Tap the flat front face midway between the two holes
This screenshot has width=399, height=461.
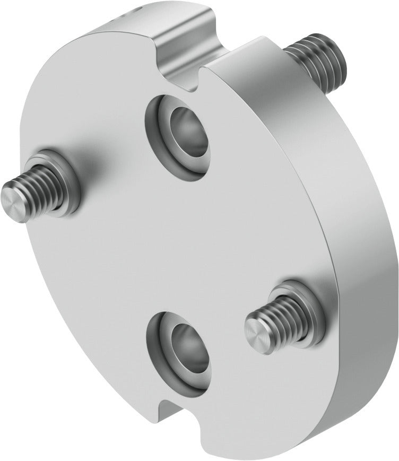[175, 244]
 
